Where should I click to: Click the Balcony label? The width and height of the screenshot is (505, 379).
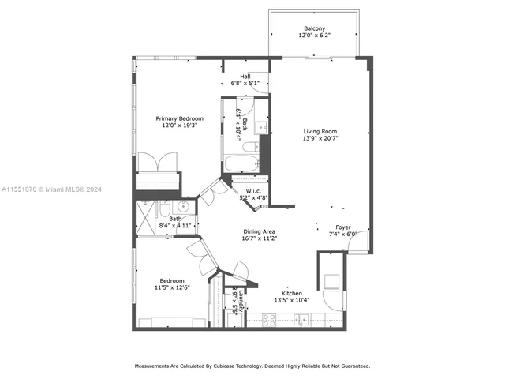click(314, 28)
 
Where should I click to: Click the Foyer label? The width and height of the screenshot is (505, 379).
click(343, 227)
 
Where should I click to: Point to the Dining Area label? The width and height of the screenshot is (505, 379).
click(258, 231)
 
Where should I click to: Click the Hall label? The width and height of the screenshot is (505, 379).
click(245, 77)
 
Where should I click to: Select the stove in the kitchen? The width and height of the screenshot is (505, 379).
click(268, 320)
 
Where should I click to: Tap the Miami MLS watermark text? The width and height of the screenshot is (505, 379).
click(50, 189)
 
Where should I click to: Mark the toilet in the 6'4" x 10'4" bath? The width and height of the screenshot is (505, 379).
click(248, 147)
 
